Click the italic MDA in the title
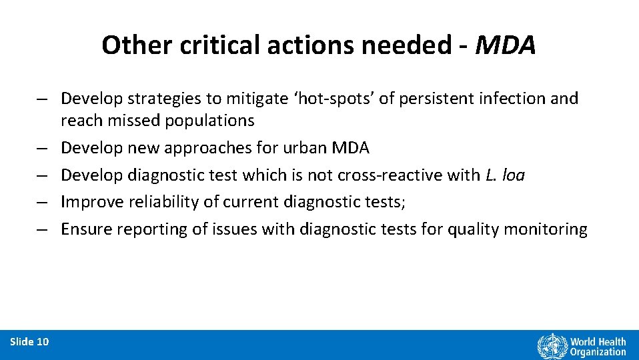[507, 45]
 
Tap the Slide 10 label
[29, 342]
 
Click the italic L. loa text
[504, 175]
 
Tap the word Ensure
[86, 229]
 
